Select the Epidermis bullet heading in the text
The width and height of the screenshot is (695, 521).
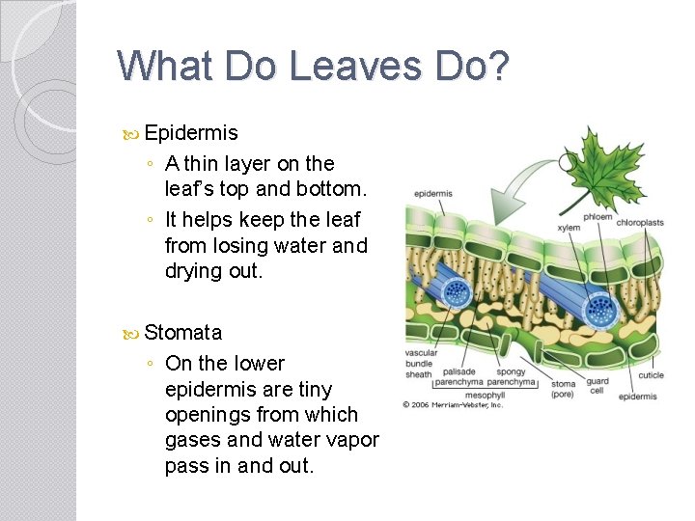point(191,132)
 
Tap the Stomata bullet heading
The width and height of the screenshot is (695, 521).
point(183,333)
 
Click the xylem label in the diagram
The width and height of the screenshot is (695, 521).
point(569,229)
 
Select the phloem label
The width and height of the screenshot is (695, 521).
point(598,217)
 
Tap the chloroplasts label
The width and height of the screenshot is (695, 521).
point(640,223)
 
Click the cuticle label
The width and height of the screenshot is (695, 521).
point(651,375)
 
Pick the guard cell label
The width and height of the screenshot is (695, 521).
point(597,386)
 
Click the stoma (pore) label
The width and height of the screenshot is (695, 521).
point(563,389)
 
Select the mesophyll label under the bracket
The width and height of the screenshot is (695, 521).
point(485,395)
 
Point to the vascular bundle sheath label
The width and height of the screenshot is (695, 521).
point(421,364)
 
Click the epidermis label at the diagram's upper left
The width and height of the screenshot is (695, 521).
point(432,193)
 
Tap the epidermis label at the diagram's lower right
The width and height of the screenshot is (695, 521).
point(637,397)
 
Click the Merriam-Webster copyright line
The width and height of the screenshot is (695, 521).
point(453,404)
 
